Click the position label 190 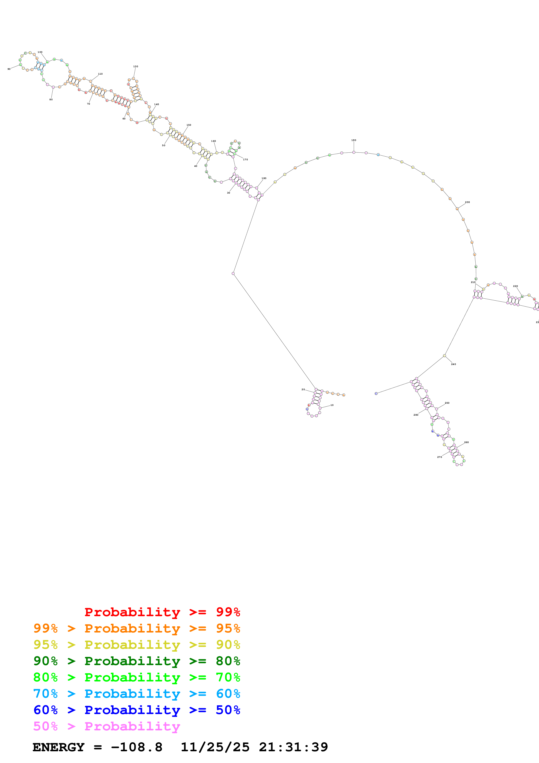coord(354,140)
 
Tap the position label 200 coord(467,202)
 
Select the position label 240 coord(453,364)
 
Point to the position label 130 coord(135,67)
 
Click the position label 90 coord(9,69)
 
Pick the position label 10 coord(332,405)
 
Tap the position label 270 coord(439,457)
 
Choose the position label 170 coord(245,159)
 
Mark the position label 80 coord(51,100)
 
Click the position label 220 coord(516,286)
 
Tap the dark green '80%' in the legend coord(228,661)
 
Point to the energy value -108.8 coord(137,747)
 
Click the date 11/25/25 coord(215,747)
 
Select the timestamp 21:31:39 coord(293,747)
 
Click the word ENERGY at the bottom coord(58,747)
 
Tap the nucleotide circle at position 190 coord(354,152)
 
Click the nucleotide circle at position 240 coord(444,356)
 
